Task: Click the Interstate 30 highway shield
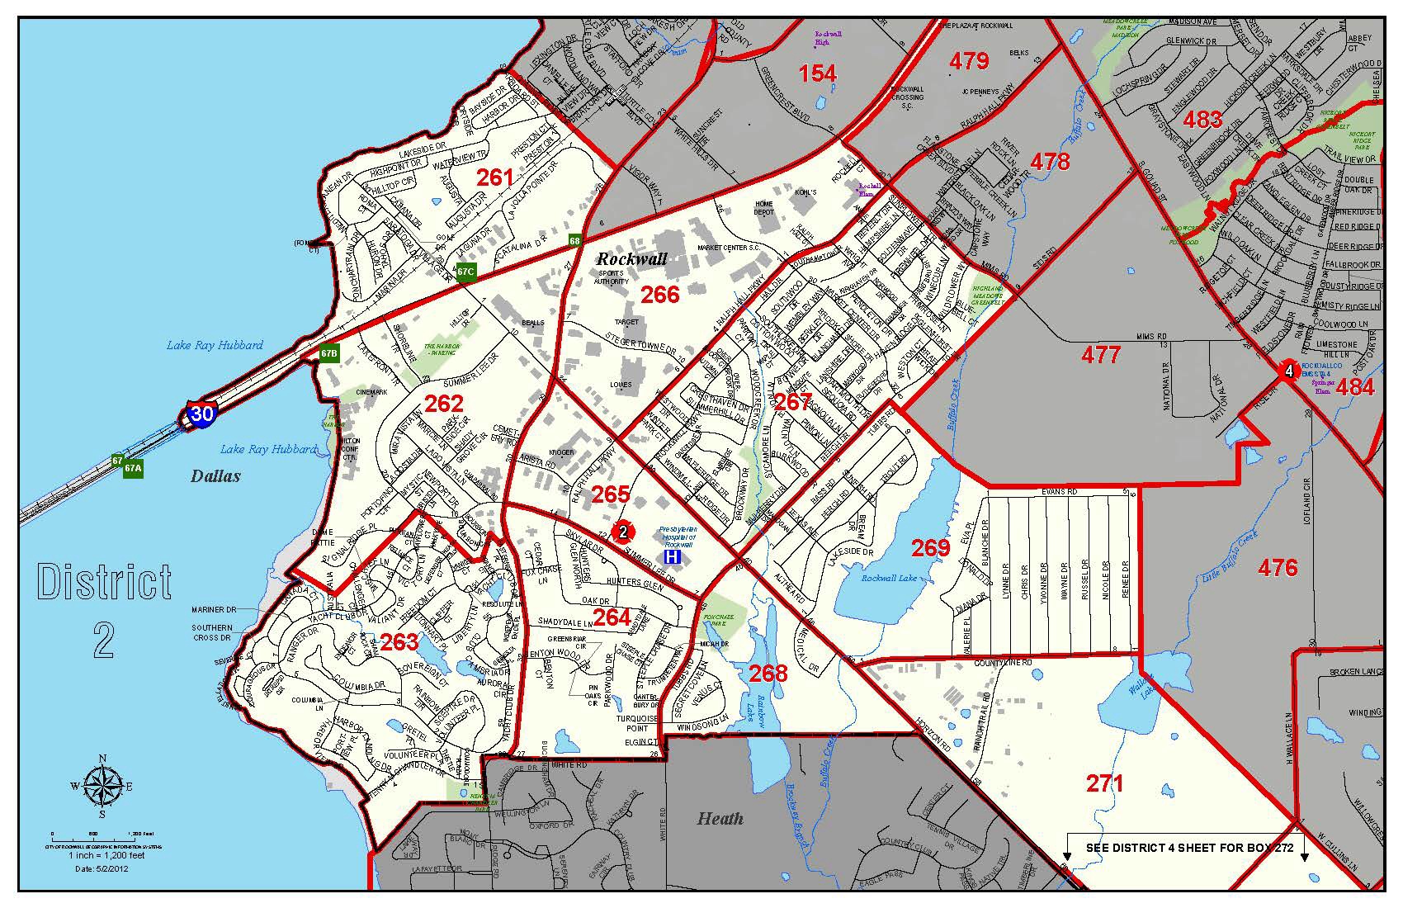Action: click(202, 413)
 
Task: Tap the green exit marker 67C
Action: click(465, 271)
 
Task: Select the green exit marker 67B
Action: click(328, 353)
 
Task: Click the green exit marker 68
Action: click(574, 241)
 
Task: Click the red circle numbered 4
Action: click(1287, 371)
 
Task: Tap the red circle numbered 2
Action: click(623, 531)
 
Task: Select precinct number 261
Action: click(495, 177)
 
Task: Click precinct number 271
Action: click(1104, 783)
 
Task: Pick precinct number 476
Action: click(1278, 567)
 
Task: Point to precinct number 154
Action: click(817, 73)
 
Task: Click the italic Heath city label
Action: click(720, 819)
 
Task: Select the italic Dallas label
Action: click(215, 476)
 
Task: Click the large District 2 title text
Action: click(104, 611)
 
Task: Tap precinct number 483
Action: click(1202, 120)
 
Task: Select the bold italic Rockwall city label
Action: click(631, 259)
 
